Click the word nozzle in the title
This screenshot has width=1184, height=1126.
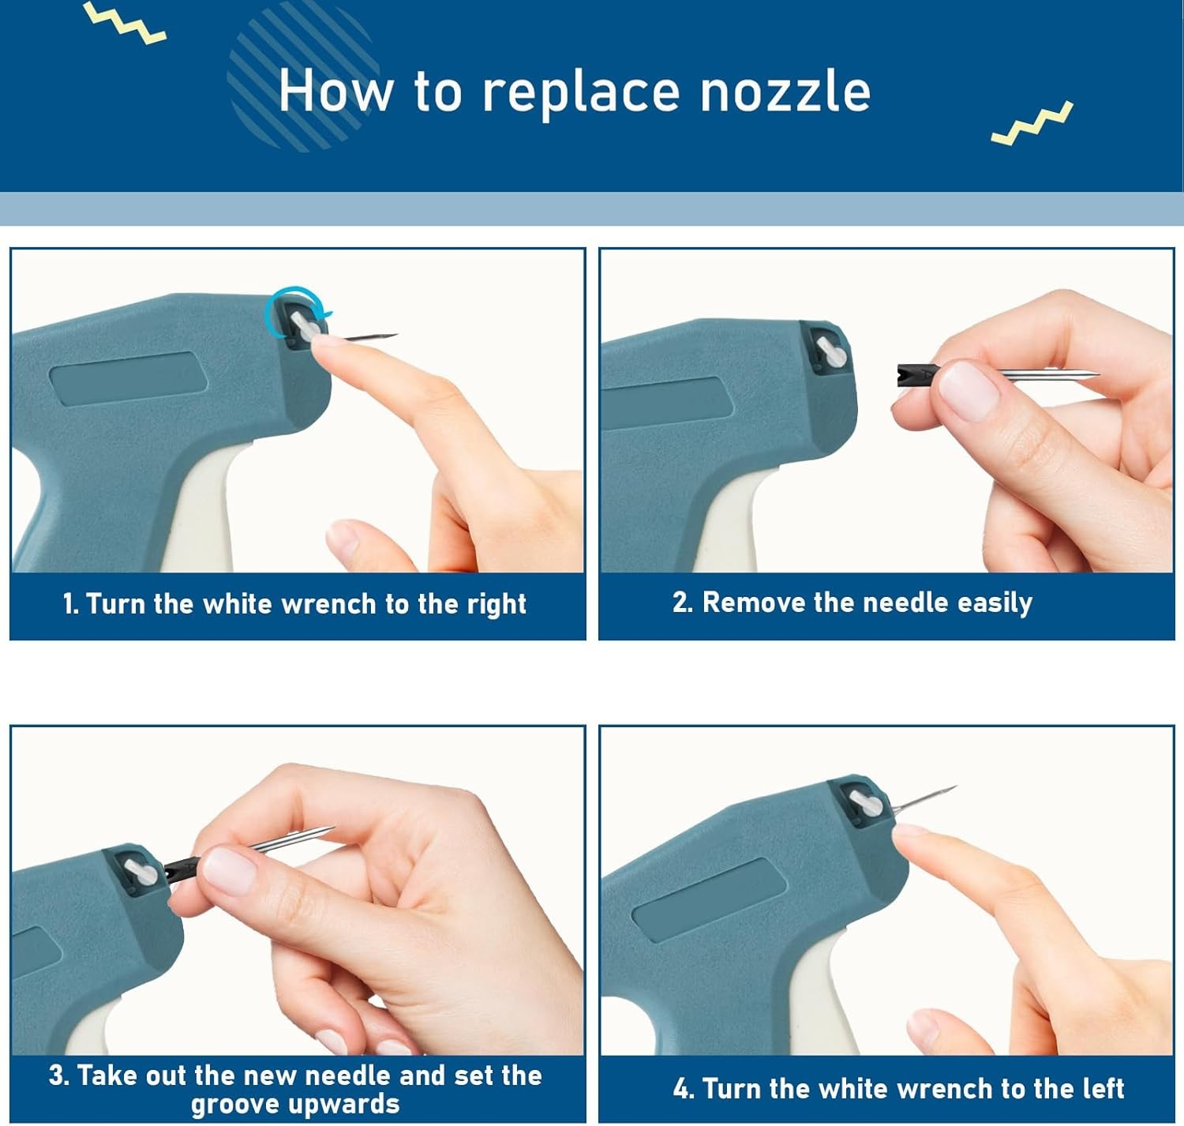click(x=785, y=92)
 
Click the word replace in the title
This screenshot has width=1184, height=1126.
click(x=581, y=93)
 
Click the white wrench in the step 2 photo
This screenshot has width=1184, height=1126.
click(x=832, y=352)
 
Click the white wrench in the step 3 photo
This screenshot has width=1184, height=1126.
click(x=141, y=873)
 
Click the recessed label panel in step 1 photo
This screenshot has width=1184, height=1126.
click(x=129, y=378)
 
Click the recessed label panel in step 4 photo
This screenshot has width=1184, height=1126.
click(x=710, y=900)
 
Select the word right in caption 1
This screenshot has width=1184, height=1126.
click(x=496, y=605)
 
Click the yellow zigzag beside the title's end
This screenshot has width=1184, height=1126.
click(x=1032, y=122)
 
